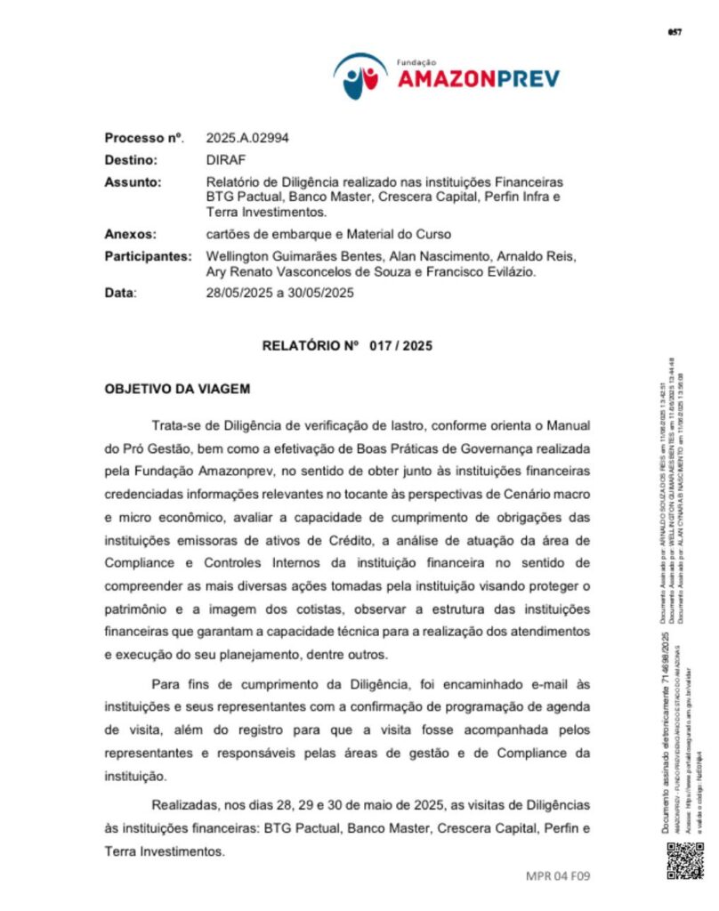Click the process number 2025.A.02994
coord(247,138)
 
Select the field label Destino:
coord(131,160)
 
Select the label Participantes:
coord(148,256)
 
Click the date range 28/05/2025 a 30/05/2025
coord(280,293)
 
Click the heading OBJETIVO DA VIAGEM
coord(177,389)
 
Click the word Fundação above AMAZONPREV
coord(415,62)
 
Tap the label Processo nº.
coord(144,138)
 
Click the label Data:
coord(121,293)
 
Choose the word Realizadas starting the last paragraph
coord(184,804)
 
